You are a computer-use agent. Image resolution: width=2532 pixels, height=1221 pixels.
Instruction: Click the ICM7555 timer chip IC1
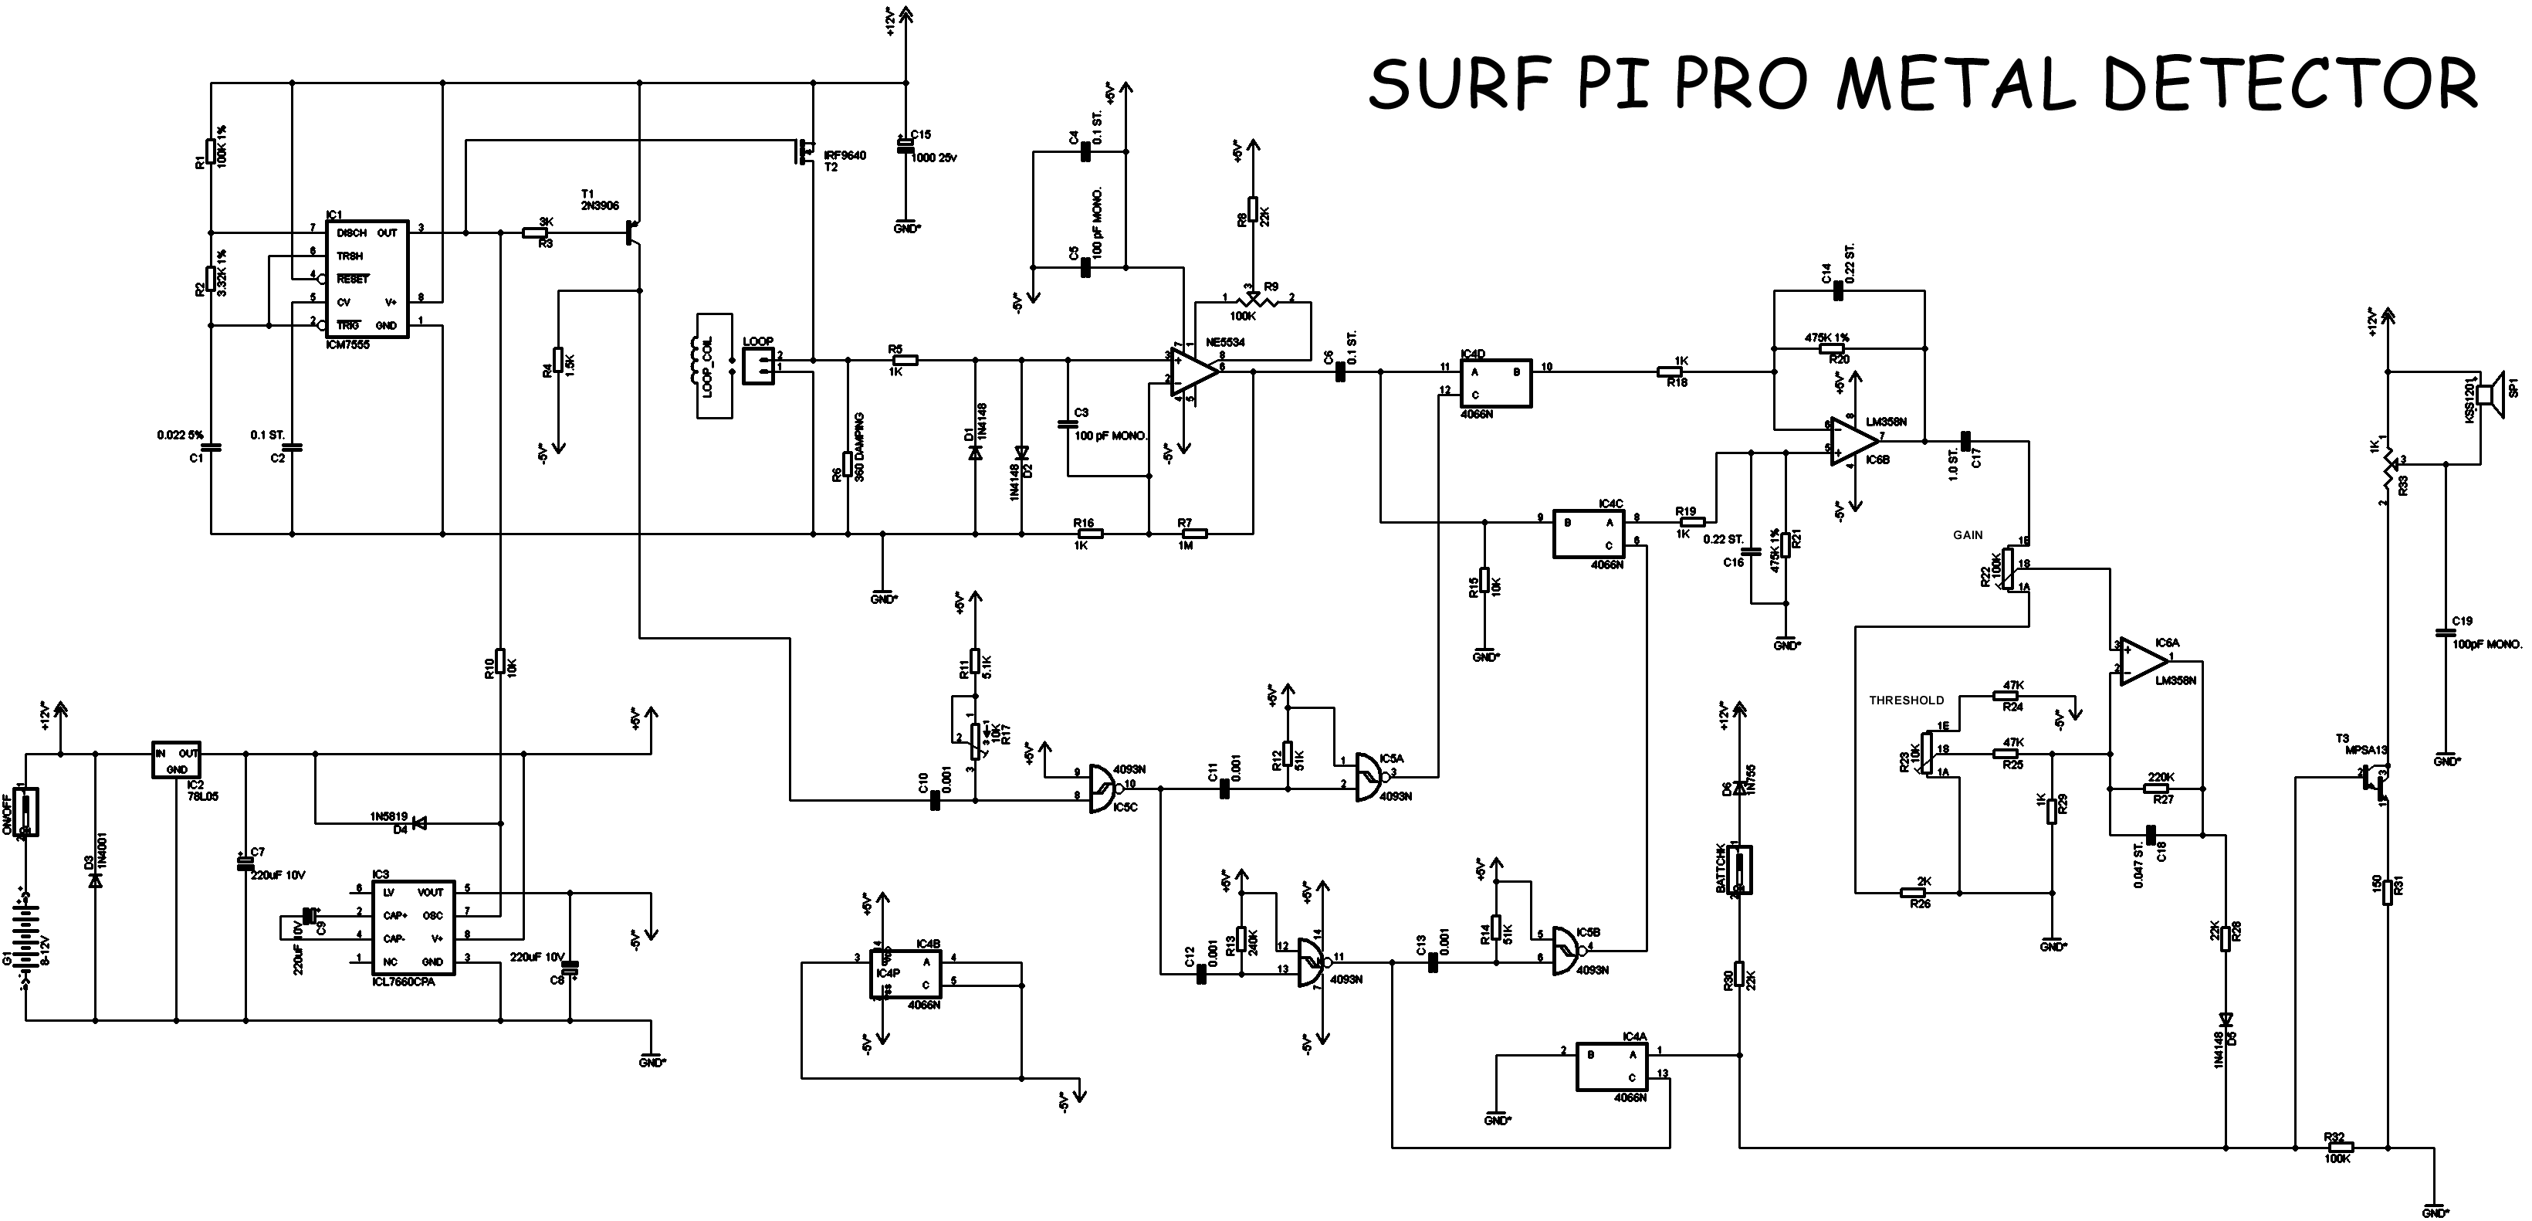tap(367, 280)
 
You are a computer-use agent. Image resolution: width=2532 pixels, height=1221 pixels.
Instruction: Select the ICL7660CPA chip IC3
tap(413, 926)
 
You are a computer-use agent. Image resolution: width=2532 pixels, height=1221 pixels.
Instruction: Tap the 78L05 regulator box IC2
tap(176, 759)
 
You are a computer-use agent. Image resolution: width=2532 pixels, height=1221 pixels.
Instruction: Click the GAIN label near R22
tap(1968, 534)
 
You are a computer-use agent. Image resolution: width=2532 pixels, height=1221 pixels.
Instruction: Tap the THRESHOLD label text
tap(1906, 700)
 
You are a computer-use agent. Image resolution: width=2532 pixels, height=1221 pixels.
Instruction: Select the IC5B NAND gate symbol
tap(1569, 951)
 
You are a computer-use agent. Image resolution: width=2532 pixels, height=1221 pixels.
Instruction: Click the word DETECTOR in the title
tap(2290, 83)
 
